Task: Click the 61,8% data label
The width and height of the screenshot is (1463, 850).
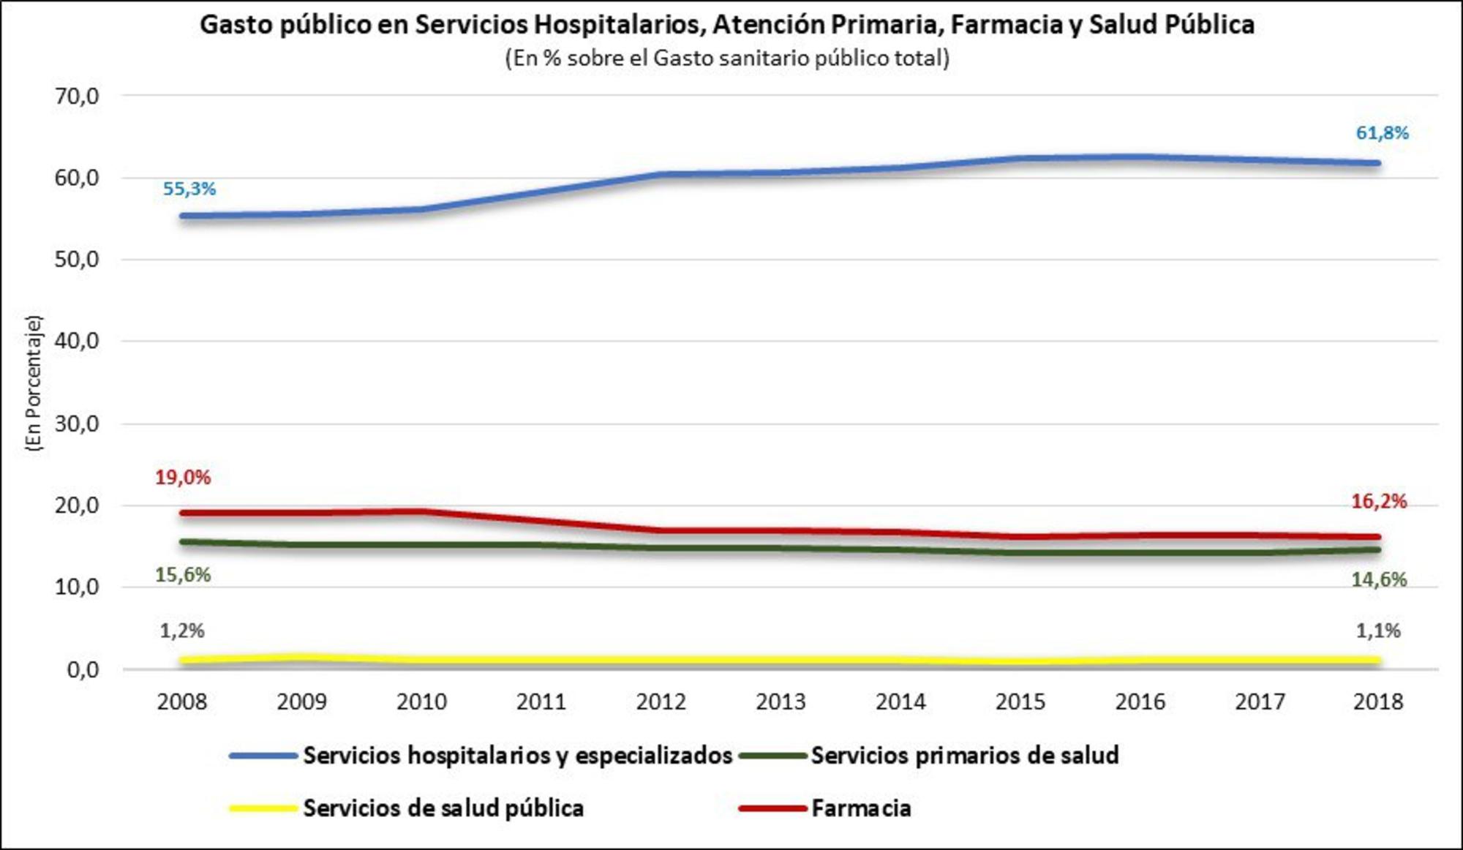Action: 1382,133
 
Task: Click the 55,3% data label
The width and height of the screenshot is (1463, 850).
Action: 189,189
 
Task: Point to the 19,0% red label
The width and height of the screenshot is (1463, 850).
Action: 182,478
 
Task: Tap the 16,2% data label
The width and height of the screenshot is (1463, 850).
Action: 1379,502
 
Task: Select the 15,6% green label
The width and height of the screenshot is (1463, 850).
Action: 182,575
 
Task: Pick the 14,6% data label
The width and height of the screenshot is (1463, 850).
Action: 1379,580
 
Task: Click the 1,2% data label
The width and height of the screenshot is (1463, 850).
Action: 182,631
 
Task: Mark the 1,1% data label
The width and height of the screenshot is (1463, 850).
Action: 1378,631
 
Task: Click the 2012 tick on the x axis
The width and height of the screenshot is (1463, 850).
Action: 661,702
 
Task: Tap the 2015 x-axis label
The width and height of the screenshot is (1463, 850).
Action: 1020,702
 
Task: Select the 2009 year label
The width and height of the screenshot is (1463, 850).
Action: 301,702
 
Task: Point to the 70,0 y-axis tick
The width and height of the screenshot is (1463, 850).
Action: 76,96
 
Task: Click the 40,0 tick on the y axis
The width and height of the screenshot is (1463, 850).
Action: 76,341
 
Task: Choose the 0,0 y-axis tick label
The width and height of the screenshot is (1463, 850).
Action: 82,669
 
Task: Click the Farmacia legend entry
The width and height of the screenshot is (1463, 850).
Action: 860,808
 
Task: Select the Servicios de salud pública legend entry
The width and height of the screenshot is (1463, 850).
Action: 443,808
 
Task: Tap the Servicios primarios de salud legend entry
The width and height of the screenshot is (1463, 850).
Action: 964,755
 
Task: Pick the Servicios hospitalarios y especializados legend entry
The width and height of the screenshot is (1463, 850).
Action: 517,755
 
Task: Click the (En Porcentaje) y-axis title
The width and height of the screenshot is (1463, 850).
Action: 34,383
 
